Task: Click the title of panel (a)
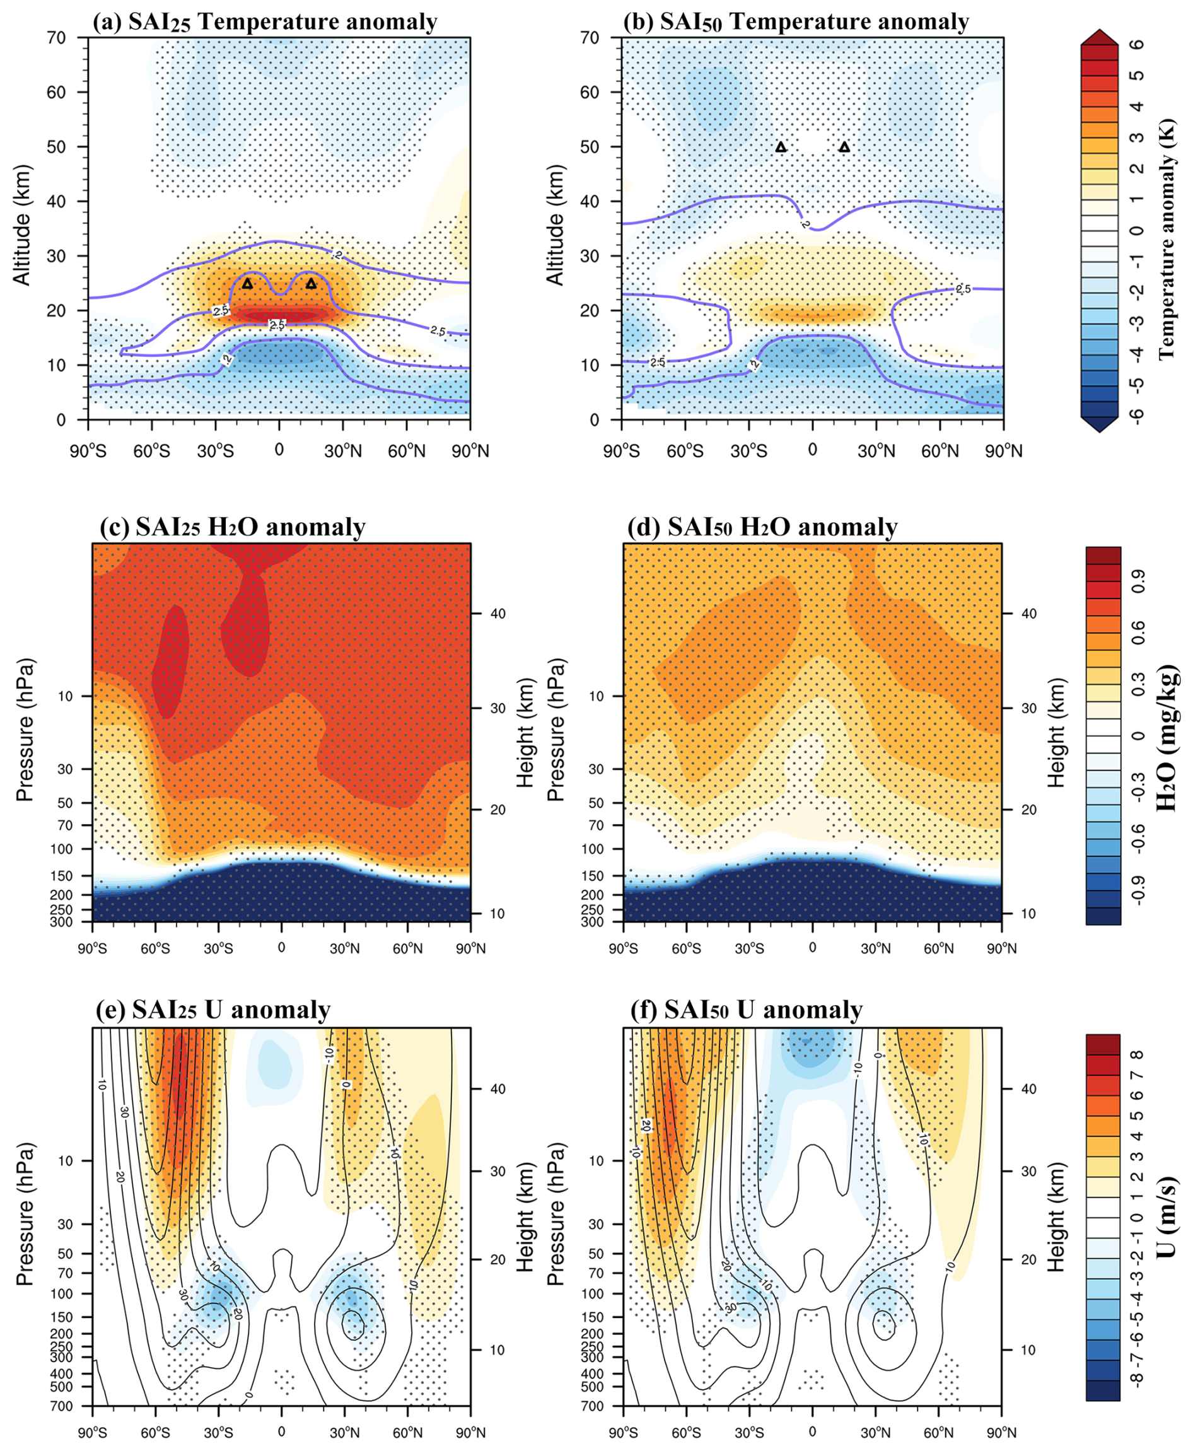(265, 22)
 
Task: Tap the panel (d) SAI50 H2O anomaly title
(762, 527)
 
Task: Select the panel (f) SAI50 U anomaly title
(747, 1010)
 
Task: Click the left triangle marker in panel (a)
(247, 283)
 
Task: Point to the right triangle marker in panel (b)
(844, 147)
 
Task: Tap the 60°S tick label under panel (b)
(685, 451)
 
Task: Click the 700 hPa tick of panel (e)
(61, 1406)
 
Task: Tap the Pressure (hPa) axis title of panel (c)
(24, 730)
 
